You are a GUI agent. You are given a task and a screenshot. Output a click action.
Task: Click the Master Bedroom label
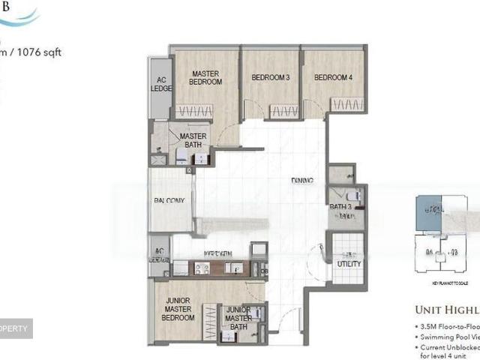tap(205, 78)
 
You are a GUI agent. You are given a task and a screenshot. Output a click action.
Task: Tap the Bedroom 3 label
tap(270, 77)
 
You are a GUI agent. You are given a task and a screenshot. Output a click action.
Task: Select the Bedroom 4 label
tap(333, 77)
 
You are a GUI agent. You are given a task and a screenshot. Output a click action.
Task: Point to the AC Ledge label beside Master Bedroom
tap(160, 84)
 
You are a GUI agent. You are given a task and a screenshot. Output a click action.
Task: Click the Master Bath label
tap(193, 139)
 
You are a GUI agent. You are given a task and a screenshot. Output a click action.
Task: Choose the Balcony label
tap(170, 201)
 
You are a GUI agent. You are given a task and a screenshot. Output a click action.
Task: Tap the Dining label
tap(302, 180)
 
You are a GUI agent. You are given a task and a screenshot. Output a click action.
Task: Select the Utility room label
tap(349, 264)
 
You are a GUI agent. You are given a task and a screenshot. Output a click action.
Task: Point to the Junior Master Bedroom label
tap(180, 309)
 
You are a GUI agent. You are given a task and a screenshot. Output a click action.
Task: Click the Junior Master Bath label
tap(238, 318)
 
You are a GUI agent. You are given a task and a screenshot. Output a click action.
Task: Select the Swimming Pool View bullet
tap(448, 338)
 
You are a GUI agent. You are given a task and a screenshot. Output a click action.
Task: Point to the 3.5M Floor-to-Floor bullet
tap(448, 328)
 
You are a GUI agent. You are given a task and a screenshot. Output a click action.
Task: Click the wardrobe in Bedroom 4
tap(347, 104)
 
